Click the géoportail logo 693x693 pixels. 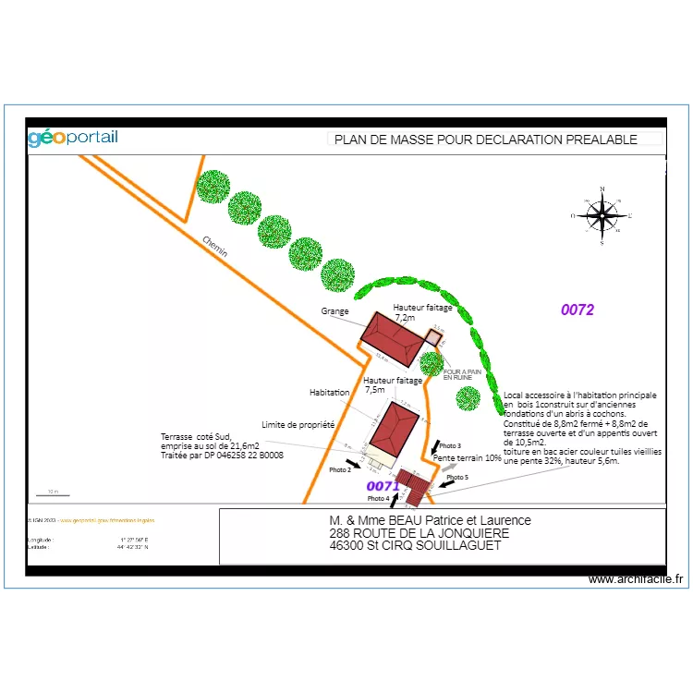tap(73, 139)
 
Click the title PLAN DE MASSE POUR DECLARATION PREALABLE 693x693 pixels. tap(485, 140)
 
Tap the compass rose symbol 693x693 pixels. tap(602, 216)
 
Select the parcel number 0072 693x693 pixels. tap(577, 310)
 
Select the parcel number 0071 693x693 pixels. tap(383, 486)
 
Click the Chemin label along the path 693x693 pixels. tap(215, 246)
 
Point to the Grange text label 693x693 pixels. tap(334, 311)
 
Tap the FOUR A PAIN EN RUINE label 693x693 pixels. tap(459, 374)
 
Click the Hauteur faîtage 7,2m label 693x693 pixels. tap(422, 312)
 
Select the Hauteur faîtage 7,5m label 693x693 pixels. tap(393, 384)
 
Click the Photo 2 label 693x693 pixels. tap(339, 470)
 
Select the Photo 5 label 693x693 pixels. tap(457, 478)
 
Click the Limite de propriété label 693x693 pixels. tap(298, 425)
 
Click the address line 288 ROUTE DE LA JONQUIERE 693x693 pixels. tap(419, 533)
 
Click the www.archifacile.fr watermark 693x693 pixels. tap(637, 579)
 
